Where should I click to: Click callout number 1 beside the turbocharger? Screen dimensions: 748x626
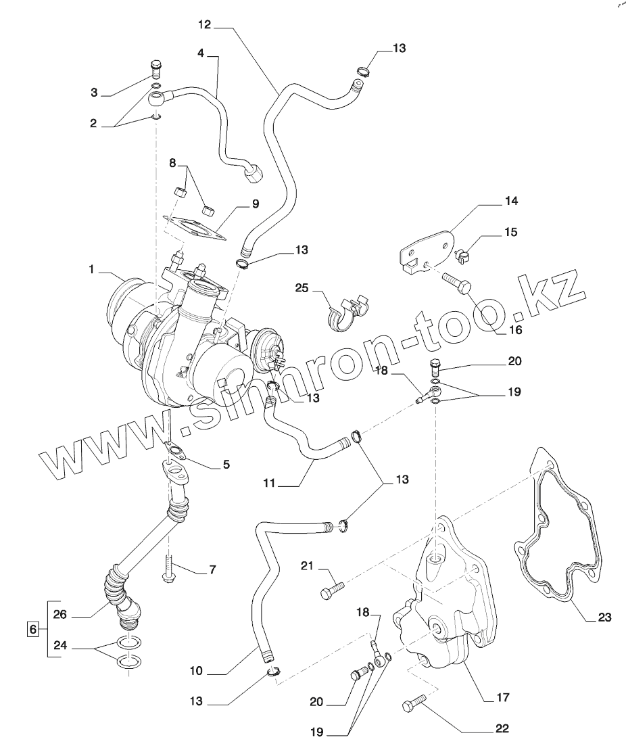pos(92,269)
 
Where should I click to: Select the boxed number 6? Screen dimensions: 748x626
pos(31,628)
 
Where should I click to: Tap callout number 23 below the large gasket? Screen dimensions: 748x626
pos(604,617)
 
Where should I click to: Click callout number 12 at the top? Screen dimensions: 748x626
pos(205,25)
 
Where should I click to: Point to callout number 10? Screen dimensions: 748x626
pos(197,672)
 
